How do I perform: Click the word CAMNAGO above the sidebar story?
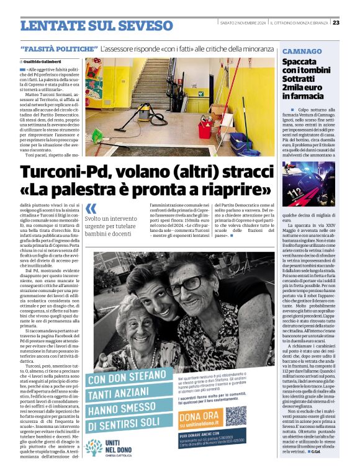pos(302,51)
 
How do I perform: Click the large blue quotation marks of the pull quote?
pos(91,209)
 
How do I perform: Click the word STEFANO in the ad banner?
pos(140,378)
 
